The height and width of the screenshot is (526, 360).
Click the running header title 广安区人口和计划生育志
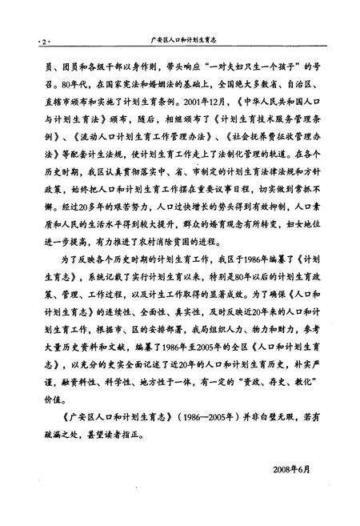click(184, 38)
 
